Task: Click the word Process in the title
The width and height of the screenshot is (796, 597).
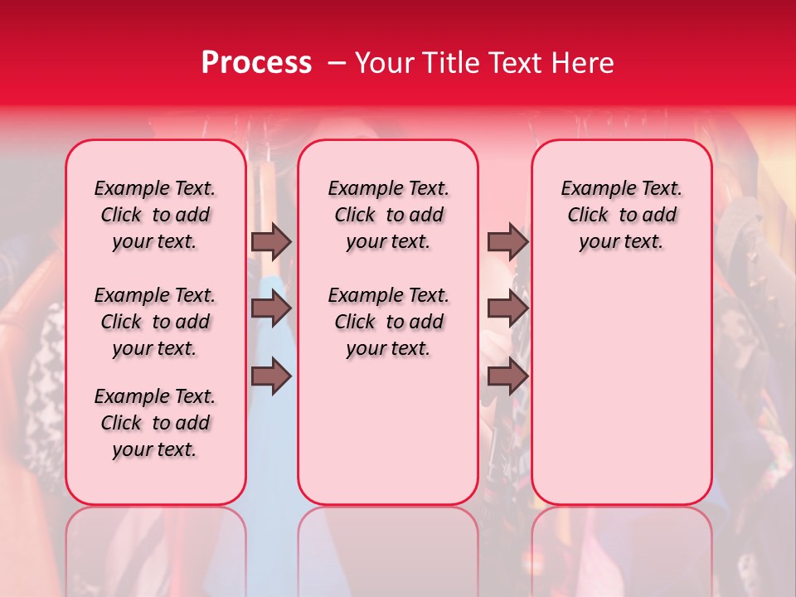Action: pos(256,63)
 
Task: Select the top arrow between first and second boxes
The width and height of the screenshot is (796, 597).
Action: pos(271,241)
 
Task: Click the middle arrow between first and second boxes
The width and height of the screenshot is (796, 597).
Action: pos(271,309)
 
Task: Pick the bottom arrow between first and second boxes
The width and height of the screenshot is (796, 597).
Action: pos(271,376)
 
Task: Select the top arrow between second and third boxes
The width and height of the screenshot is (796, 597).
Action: pos(507,241)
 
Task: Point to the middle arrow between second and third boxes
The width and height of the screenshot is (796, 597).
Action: pos(507,309)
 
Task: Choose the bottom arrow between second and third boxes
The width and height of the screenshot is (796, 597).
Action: pos(507,376)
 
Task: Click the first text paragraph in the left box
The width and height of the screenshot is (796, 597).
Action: pos(155,215)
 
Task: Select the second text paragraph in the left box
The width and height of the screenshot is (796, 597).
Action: pos(155,322)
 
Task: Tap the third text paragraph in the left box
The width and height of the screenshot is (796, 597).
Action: pos(155,423)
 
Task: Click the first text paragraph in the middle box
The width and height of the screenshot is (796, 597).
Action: pos(388,215)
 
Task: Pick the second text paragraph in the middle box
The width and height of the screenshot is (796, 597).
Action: pos(388,322)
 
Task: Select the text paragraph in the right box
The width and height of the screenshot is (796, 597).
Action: pos(621,215)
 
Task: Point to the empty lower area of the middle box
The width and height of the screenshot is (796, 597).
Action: pos(388,431)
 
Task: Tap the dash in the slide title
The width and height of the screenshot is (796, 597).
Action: pos(337,63)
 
